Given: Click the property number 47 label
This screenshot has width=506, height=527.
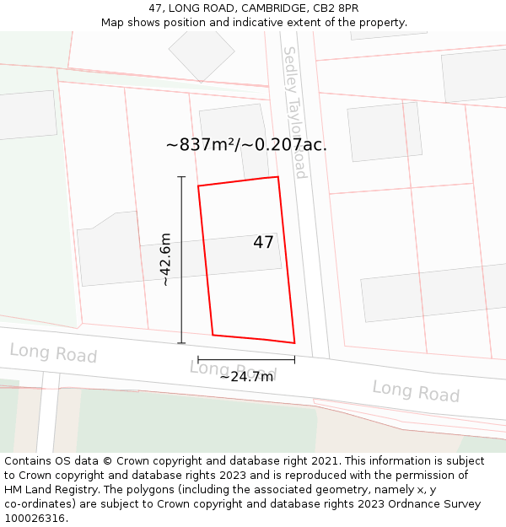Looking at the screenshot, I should pos(263,242).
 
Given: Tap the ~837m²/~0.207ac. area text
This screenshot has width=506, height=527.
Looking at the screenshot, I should pos(246,144).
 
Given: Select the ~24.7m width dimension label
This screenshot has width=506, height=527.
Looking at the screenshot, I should pos(246,376).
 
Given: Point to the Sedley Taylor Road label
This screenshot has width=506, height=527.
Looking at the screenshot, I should pos(294,112).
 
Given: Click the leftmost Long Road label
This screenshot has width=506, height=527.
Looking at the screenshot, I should pos(53,353).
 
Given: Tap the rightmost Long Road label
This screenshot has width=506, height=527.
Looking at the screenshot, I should pos(416,390).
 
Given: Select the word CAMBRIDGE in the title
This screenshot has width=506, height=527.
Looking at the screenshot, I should pos(264,8).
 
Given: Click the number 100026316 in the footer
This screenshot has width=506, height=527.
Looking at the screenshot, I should pos(35,518).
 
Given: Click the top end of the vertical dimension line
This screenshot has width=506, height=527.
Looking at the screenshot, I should pos(181,177).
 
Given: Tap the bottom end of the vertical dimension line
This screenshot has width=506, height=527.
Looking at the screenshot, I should pos(181,343).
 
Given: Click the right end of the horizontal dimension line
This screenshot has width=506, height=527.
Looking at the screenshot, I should pos(294,359).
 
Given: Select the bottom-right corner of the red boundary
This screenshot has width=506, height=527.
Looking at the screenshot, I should pos(294,342).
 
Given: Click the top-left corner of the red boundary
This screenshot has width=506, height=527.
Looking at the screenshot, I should pos(198,186).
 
